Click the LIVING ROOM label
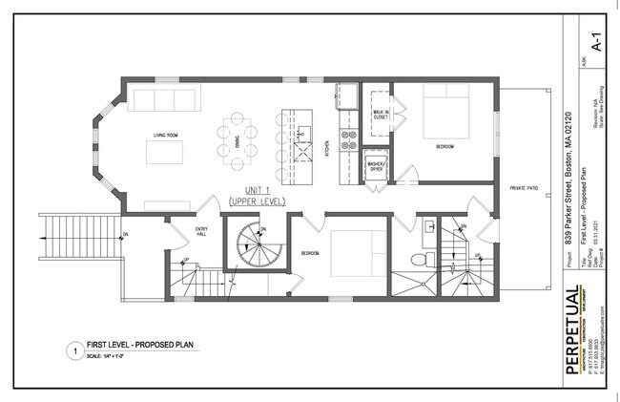click(x=168, y=136)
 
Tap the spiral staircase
click(x=252, y=245)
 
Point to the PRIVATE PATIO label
click(x=524, y=189)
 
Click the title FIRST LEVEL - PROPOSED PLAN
click(x=128, y=347)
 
